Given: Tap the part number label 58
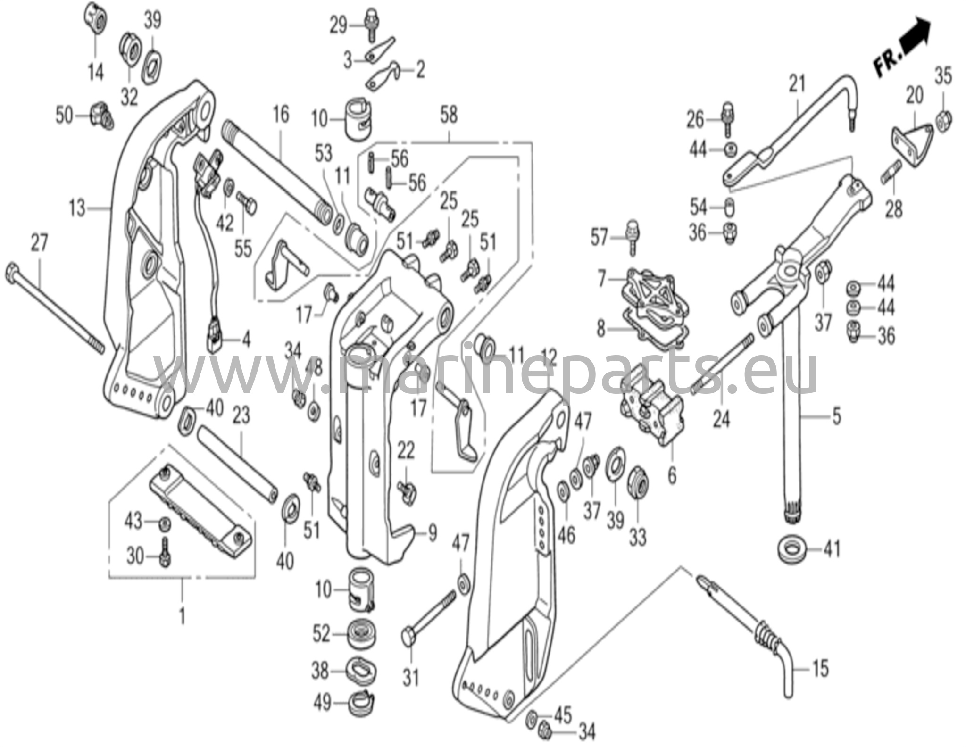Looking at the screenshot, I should (449, 116).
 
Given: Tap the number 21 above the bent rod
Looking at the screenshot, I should (797, 84).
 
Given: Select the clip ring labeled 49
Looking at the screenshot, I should (362, 703).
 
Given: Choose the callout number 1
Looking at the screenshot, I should (182, 616).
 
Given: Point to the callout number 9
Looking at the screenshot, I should (432, 533).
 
